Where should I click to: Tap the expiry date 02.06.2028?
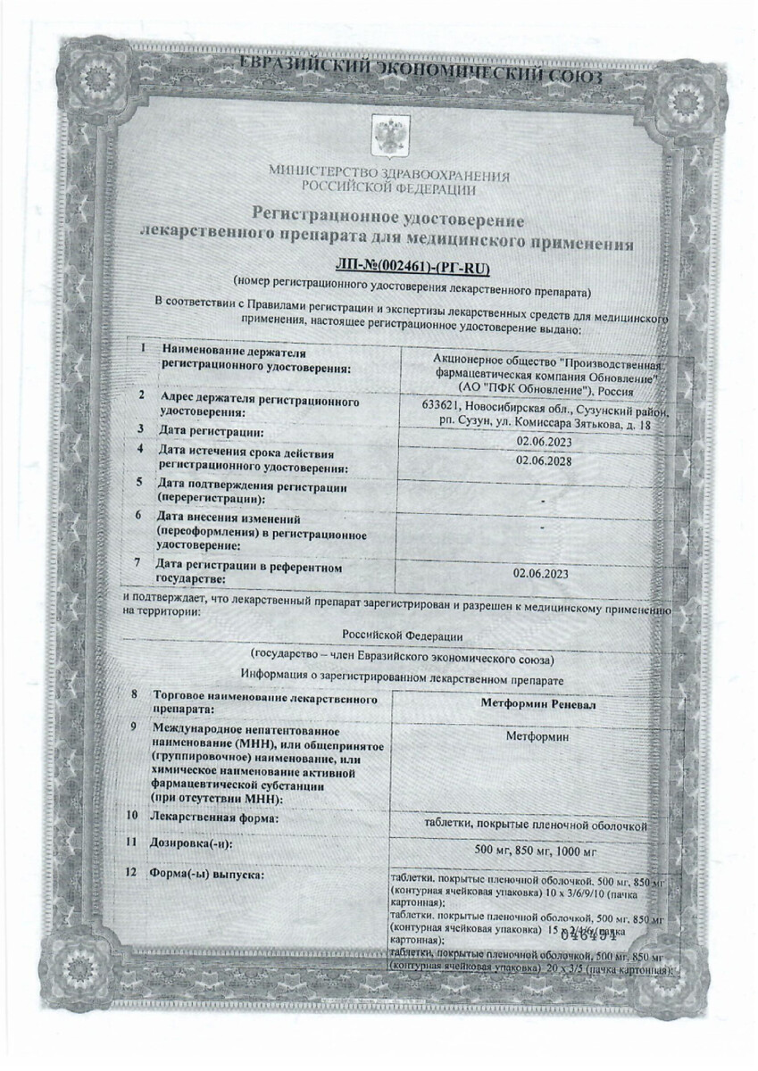(543, 461)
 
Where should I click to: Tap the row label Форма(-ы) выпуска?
(208, 874)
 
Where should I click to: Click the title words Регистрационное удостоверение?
(389, 219)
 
